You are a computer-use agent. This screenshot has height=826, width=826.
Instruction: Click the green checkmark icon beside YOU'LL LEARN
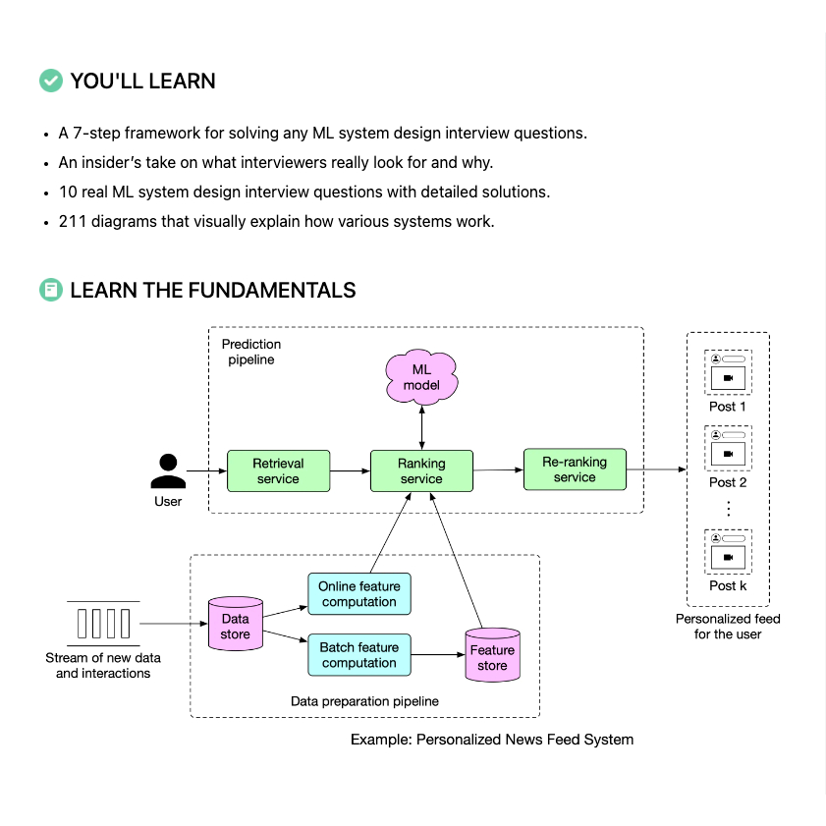(51, 81)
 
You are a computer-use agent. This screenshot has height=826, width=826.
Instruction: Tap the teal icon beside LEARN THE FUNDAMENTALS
(51, 290)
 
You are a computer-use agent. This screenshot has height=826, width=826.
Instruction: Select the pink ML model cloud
(421, 376)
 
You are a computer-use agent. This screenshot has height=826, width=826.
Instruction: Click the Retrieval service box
(278, 471)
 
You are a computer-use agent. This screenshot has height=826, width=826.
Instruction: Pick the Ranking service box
(421, 471)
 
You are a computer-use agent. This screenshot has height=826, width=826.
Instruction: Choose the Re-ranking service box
(575, 469)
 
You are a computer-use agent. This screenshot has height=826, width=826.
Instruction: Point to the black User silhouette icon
(168, 471)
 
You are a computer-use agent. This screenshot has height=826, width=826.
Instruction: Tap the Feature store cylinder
(492, 655)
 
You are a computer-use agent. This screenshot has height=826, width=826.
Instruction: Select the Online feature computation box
(359, 594)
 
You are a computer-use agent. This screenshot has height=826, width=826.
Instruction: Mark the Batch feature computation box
(359, 655)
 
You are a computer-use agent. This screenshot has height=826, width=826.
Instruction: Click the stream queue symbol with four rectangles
(103, 624)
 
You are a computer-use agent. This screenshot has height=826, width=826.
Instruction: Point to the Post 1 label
(728, 407)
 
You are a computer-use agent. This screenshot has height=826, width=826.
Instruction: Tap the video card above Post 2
(728, 450)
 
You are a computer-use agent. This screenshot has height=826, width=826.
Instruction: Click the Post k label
(728, 585)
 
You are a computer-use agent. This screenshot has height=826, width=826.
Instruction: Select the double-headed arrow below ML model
(421, 426)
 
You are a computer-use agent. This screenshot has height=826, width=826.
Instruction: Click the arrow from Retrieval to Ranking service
(350, 471)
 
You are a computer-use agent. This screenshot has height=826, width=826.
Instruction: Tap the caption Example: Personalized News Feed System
(492, 739)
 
